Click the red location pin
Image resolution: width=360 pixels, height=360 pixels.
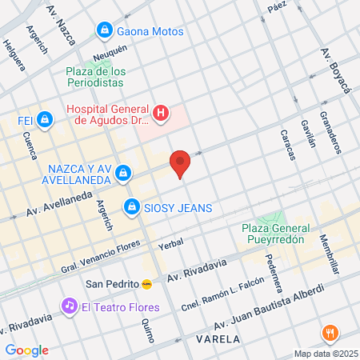(180, 163)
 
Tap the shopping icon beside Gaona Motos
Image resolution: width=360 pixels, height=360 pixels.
(105, 31)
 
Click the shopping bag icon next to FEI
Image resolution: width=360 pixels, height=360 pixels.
(45, 121)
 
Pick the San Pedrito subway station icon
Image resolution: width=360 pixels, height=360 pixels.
(147, 283)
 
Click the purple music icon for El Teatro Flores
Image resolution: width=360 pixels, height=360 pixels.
(70, 306)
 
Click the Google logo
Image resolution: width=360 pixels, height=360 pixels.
(26, 350)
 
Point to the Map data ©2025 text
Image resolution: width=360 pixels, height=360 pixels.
(323, 354)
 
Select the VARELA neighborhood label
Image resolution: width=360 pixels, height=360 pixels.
(216, 339)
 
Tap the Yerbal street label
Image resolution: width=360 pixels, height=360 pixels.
(171, 243)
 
